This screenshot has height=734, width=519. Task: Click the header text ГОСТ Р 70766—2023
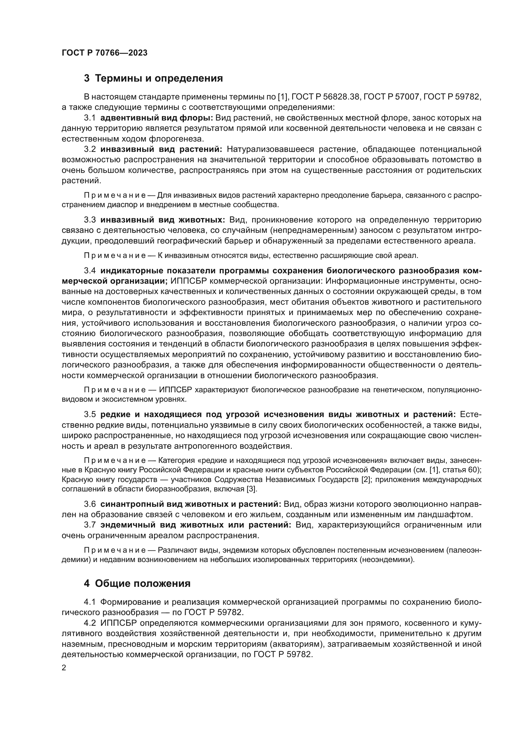[x=104, y=53]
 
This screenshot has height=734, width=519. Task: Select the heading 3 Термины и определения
[x=153, y=78]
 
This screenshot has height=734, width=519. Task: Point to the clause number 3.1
[x=90, y=118]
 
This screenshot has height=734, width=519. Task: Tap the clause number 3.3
[x=90, y=220]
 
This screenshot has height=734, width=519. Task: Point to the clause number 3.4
[x=90, y=271]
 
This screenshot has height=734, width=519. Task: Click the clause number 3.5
[x=90, y=415]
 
